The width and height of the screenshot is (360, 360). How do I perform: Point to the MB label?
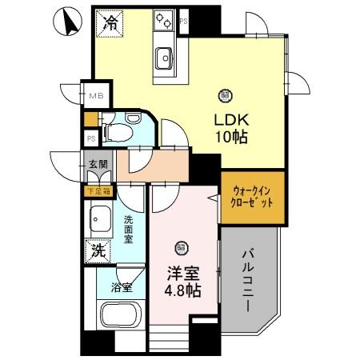pyautogui.click(x=95, y=97)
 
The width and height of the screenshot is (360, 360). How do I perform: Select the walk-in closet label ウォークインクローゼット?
pyautogui.click(x=252, y=197)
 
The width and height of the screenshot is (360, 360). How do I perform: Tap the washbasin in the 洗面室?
pyautogui.click(x=101, y=218)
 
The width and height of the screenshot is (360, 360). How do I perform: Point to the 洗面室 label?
pyautogui.click(x=128, y=227)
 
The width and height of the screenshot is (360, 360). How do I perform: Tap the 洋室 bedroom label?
pyautogui.click(x=182, y=272)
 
